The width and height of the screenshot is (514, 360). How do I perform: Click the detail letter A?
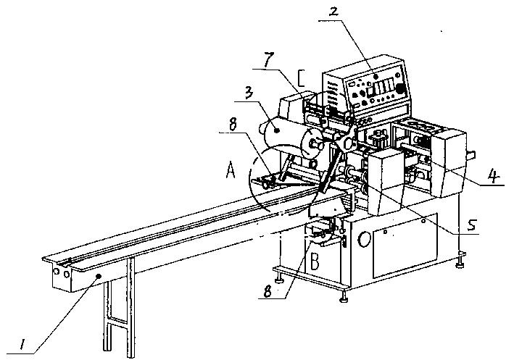click(231, 170)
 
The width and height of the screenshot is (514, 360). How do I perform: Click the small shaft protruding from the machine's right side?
click(472, 153)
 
